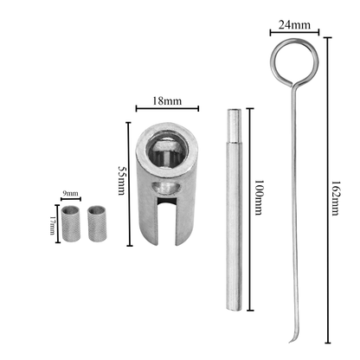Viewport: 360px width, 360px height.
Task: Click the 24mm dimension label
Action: point(294,25)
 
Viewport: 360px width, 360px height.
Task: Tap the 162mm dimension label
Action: point(335,198)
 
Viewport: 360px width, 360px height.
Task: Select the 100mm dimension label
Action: point(259,197)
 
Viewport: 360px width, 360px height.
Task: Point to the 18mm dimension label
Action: point(167,101)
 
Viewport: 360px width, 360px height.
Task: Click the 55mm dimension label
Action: point(122,180)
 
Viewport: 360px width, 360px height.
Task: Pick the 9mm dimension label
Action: point(71,193)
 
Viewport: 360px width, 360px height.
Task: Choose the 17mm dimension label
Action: point(52,225)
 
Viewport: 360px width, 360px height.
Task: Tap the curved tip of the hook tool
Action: point(292,338)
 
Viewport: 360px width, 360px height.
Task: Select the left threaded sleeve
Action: point(71,223)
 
